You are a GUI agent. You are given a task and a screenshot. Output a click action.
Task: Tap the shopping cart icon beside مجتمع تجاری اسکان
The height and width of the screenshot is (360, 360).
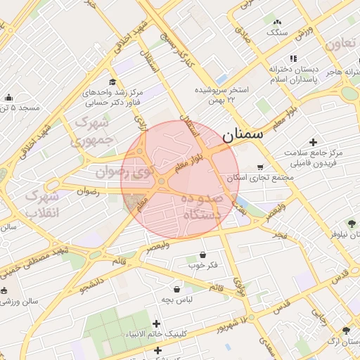(x=261, y=167)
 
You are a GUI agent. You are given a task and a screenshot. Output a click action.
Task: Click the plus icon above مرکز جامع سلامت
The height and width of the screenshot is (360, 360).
(x=313, y=142)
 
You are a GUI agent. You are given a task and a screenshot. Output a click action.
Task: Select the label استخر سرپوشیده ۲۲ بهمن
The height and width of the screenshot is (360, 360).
(x=222, y=95)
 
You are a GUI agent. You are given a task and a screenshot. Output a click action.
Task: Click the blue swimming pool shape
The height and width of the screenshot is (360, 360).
(x=221, y=79)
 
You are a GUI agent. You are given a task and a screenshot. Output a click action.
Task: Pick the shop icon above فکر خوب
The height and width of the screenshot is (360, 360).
(x=203, y=255)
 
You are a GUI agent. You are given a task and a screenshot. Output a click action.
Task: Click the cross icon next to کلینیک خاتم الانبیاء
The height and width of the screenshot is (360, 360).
(x=156, y=323)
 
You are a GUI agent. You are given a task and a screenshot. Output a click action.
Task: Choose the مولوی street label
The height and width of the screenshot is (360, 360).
(x=238, y=280)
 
